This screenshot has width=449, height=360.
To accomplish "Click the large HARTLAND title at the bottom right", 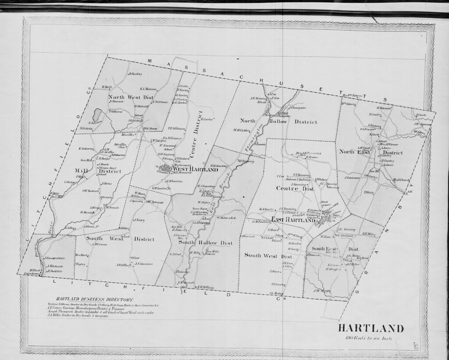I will [x=371, y=328].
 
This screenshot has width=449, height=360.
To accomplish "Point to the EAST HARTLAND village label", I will [x=292, y=220].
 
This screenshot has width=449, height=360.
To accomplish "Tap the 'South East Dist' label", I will [x=335, y=249].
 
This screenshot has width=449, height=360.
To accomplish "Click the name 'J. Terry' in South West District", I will [x=139, y=220].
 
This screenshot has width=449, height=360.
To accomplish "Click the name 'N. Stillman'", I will [x=160, y=102].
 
